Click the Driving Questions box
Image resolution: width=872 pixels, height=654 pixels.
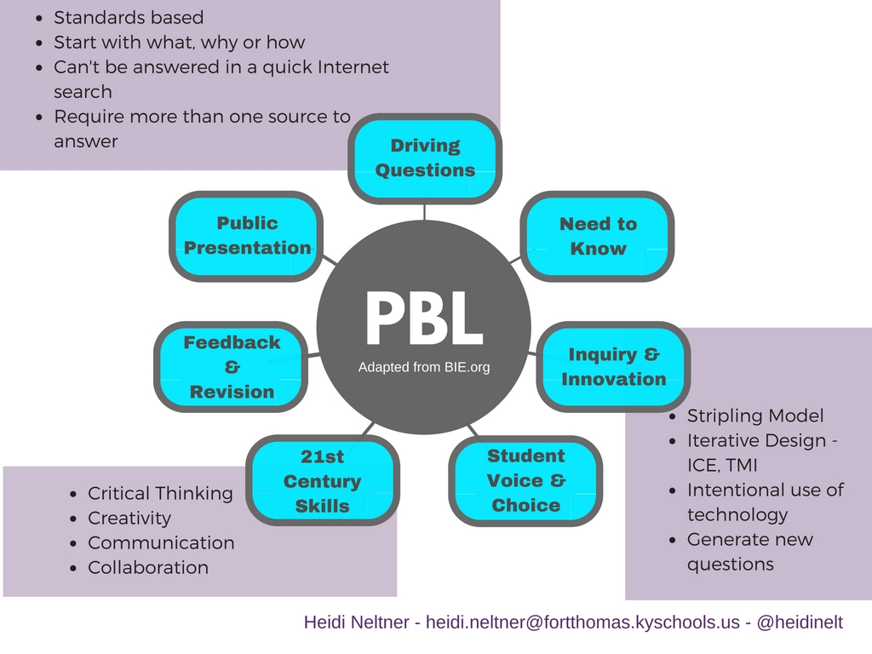click(425, 158)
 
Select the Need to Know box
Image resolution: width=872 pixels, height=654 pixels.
click(598, 236)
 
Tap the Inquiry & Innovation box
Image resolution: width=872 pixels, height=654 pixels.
click(614, 367)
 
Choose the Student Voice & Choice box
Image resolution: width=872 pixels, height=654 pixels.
click(525, 480)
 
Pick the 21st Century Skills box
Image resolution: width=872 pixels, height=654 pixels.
click(323, 481)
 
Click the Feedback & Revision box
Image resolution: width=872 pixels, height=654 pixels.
click(232, 367)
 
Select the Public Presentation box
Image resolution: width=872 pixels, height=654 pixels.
click(247, 236)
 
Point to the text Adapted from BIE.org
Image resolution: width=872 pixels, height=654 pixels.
click(424, 368)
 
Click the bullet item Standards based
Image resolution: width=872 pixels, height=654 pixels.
click(129, 17)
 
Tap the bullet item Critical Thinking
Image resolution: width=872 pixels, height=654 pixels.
click(160, 493)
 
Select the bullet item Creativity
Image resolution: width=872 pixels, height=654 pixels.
click(129, 518)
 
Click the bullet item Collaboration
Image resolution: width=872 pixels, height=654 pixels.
click(148, 567)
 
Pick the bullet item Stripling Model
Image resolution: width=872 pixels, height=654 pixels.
click(755, 416)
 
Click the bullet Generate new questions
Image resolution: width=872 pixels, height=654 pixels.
click(749, 551)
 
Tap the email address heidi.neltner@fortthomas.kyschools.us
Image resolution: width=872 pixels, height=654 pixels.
click(582, 622)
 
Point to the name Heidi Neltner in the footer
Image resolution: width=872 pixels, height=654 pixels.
click(359, 622)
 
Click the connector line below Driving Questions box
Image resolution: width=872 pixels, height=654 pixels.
click(425, 211)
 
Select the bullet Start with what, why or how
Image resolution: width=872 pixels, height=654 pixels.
click(179, 42)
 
